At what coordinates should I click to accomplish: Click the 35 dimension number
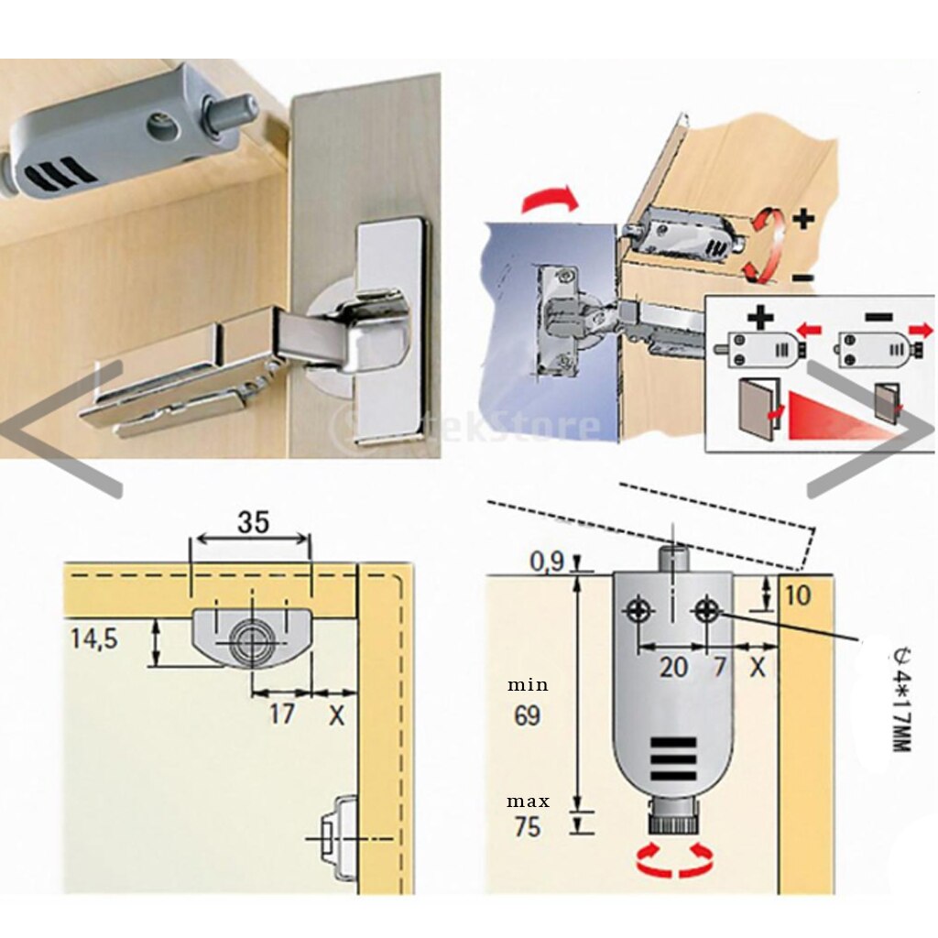click(252, 522)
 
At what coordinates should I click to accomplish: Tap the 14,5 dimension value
click(94, 638)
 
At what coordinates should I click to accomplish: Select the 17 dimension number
click(281, 713)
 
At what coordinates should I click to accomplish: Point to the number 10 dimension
click(798, 595)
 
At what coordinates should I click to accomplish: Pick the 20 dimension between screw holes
click(673, 666)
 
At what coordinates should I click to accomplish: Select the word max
click(529, 802)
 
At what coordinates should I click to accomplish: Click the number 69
click(527, 715)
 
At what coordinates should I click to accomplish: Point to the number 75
click(527, 828)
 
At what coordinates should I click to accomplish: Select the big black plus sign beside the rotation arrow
click(803, 219)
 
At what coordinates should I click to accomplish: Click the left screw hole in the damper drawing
click(638, 608)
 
